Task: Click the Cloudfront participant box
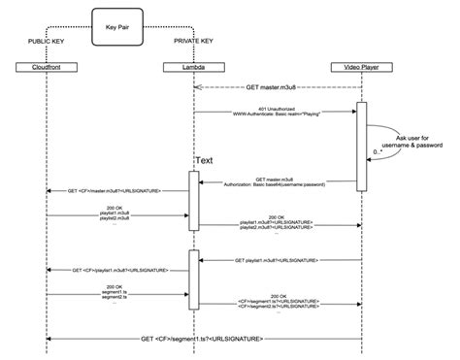pos(47,67)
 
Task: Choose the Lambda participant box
pos(194,67)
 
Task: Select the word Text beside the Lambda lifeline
pos(205,160)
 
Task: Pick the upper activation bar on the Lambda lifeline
pos(195,201)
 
